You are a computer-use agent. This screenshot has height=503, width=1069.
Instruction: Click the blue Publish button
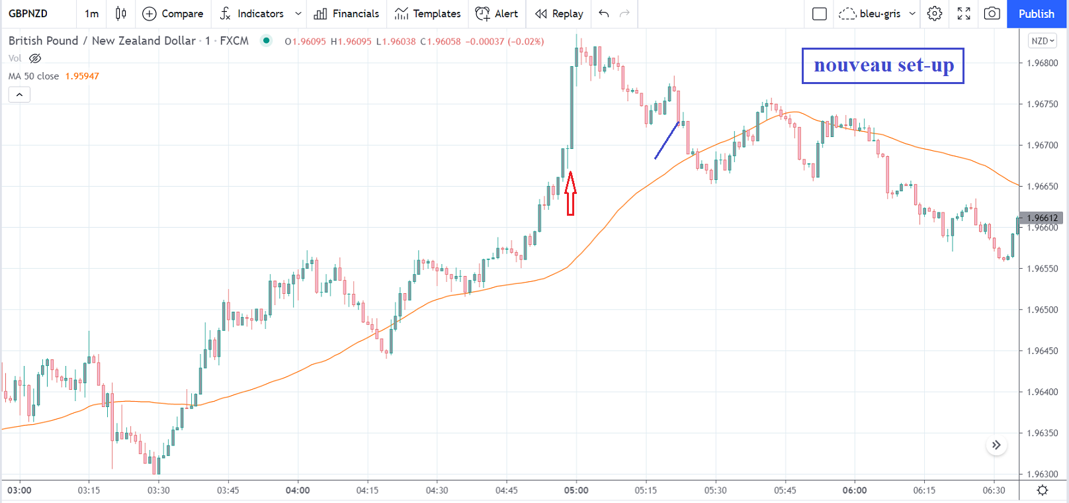coord(1036,14)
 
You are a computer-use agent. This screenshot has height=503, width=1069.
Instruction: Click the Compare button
coord(173,14)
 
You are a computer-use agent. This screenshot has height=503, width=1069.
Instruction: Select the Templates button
coord(428,14)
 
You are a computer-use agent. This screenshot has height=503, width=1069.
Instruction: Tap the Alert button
coord(497,14)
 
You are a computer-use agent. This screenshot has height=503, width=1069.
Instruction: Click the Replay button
coord(560,14)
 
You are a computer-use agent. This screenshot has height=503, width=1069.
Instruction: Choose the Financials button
coord(347,14)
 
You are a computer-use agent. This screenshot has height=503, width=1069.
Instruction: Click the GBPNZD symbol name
coord(28,14)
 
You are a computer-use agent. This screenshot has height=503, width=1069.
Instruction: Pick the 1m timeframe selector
coord(91,14)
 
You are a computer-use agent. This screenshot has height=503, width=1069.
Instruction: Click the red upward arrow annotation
coord(570,193)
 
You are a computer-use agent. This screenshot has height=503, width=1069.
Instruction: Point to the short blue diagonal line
coord(667,140)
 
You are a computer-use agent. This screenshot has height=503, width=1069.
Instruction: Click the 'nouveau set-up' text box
coord(882,66)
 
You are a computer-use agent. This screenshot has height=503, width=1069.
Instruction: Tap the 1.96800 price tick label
coord(1043,64)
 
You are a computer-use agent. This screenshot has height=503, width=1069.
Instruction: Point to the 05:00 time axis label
coord(576,490)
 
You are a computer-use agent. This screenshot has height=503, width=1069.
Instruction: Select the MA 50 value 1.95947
coord(82,76)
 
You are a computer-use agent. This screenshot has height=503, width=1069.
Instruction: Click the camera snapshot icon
coord(992,14)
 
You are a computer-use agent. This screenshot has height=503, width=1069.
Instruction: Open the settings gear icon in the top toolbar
coord(934,14)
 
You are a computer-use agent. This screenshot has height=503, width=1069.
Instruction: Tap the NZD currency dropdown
coord(1043,41)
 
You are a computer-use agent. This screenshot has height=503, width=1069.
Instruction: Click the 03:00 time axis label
coord(19,490)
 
